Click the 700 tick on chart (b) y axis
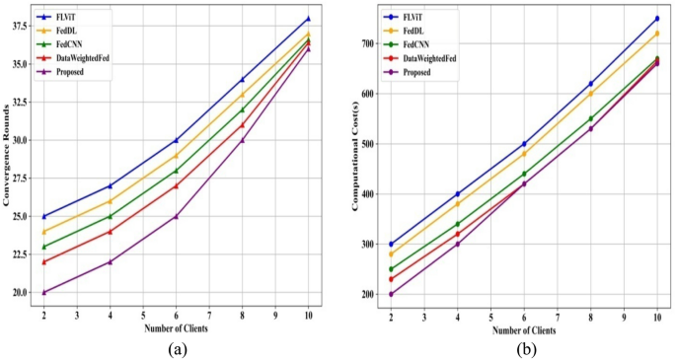(x=371, y=44)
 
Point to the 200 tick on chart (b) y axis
(x=371, y=294)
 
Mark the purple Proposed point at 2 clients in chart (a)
(x=43, y=293)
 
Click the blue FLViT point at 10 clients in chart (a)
(x=308, y=19)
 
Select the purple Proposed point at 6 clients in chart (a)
(x=176, y=216)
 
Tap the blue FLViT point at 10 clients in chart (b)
(x=657, y=19)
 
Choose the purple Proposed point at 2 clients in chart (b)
(x=391, y=294)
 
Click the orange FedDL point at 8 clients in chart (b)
(x=590, y=94)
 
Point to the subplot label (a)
(x=176, y=349)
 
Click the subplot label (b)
(x=524, y=349)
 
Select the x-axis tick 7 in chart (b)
(x=558, y=317)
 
